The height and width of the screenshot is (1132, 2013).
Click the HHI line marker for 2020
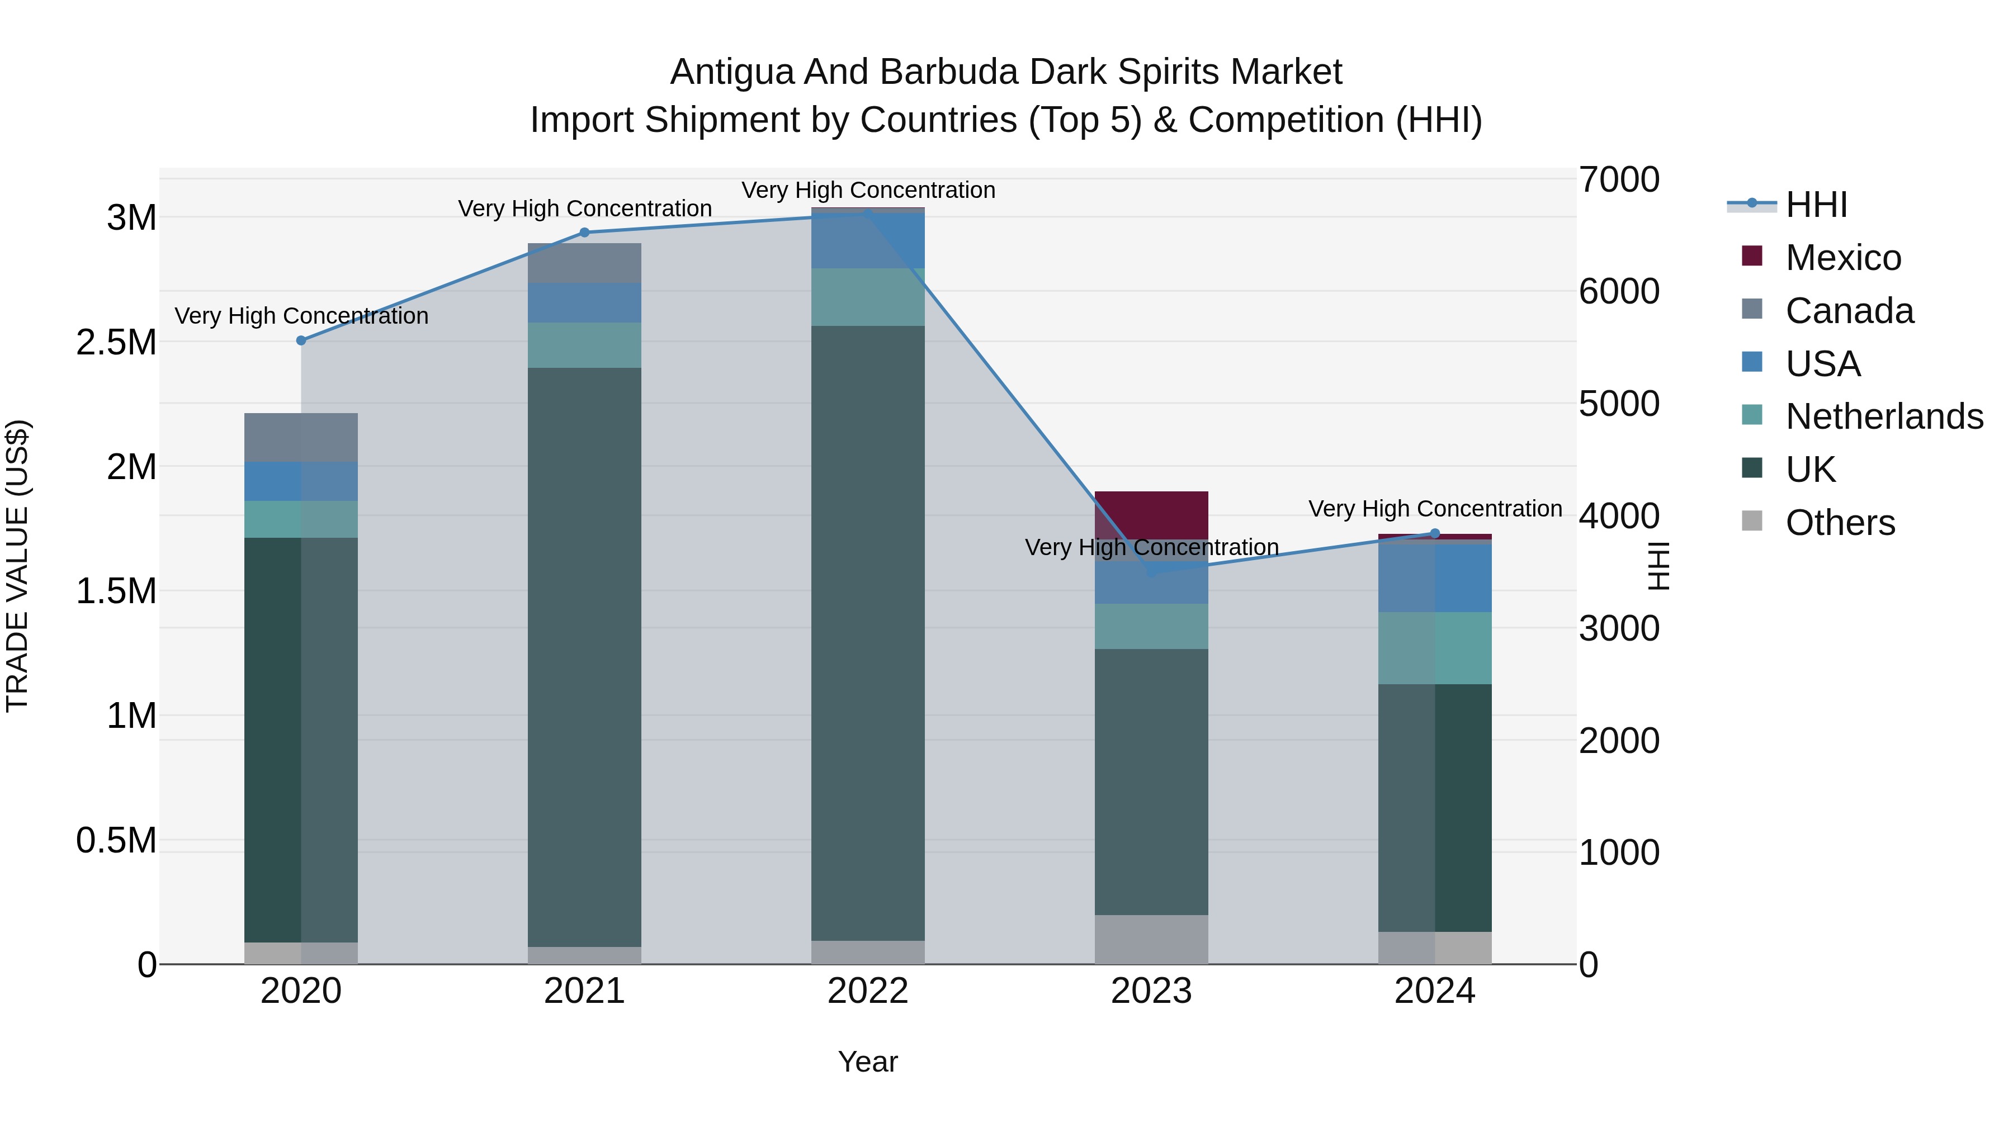301,340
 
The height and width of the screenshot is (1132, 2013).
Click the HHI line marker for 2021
584,232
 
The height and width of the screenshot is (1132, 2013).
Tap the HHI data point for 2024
1435,534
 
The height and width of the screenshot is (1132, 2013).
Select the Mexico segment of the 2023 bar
1151,514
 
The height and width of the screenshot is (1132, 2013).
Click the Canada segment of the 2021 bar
584,263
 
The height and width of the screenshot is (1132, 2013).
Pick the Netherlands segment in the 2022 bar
867,297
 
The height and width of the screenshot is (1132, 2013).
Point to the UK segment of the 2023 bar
1151,781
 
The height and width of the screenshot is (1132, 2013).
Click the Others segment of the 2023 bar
1151,939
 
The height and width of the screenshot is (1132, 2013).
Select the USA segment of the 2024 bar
1435,577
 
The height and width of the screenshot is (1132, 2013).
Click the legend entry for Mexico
1842,258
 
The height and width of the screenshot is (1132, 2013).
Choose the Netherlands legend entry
1883,416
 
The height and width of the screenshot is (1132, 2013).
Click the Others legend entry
1840,523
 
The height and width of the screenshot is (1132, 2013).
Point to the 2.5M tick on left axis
116,342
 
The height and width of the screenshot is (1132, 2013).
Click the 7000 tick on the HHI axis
1618,179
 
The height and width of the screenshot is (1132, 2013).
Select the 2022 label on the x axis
867,991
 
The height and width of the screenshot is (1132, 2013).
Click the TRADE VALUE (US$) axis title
17,566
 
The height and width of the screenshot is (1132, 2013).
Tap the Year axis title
867,1062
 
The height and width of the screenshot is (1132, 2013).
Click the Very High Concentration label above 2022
867,190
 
